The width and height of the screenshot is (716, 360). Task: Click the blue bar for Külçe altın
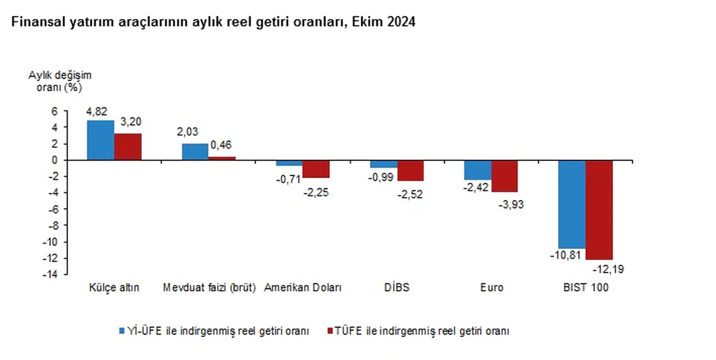point(101,140)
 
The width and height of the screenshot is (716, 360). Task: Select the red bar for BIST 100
point(599,210)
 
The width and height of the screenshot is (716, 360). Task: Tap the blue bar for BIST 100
point(572,204)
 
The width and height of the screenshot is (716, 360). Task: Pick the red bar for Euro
point(505,176)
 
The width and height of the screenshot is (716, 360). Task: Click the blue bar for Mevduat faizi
point(195,151)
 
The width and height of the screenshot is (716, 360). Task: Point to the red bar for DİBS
point(411,170)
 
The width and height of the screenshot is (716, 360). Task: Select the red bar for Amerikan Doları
point(316,169)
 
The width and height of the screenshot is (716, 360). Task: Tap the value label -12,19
point(608,269)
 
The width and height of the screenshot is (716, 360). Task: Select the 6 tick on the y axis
point(54,111)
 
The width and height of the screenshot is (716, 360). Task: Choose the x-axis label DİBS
point(397,288)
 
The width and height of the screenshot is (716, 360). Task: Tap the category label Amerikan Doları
point(303,288)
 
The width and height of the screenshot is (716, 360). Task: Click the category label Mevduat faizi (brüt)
point(209,288)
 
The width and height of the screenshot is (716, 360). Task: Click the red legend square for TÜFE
point(329,331)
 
